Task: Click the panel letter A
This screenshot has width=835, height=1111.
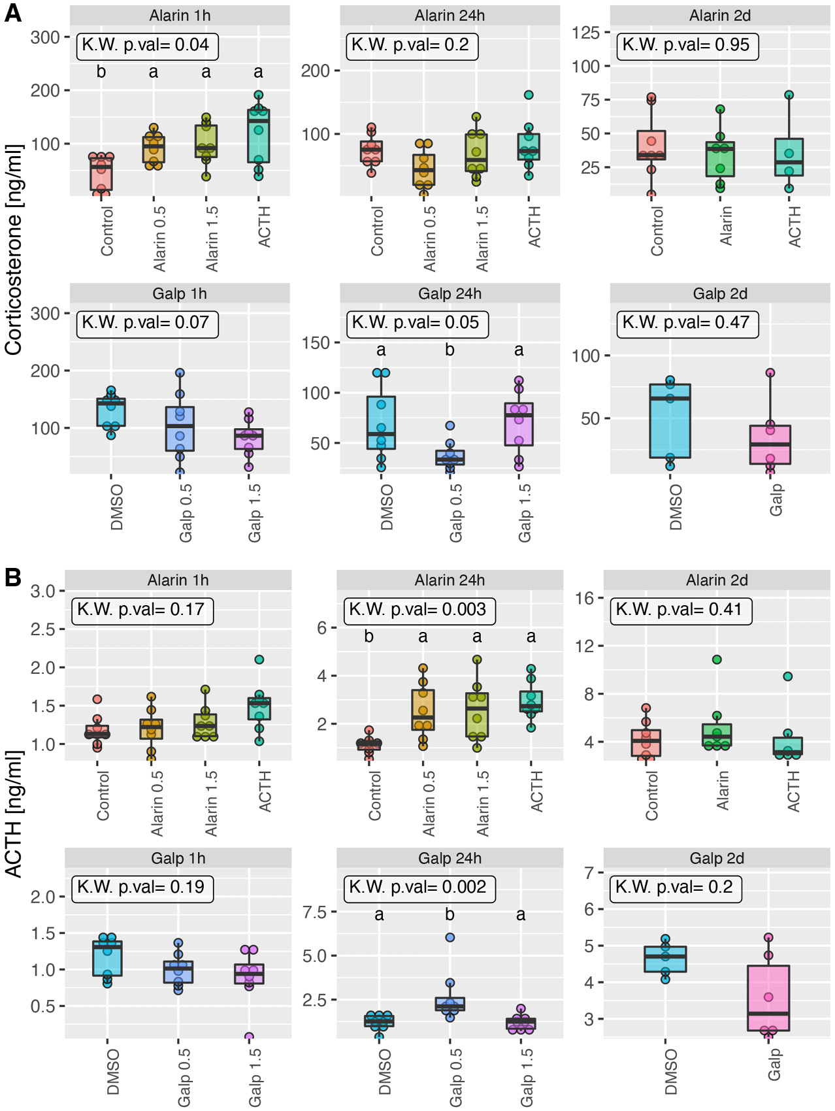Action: tap(12, 12)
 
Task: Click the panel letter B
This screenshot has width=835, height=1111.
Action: tap(12, 577)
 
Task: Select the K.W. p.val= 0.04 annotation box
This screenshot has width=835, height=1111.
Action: tap(147, 45)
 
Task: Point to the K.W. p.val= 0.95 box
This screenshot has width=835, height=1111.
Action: tap(687, 45)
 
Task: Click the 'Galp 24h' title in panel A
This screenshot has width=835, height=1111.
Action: tap(450, 293)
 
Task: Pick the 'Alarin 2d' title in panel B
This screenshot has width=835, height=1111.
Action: tap(716, 580)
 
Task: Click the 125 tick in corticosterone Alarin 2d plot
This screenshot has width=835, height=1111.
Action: tap(587, 33)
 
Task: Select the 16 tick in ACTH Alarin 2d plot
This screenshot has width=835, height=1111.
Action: tap(584, 598)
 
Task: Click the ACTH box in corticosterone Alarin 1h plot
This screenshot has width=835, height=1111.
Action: tap(259, 136)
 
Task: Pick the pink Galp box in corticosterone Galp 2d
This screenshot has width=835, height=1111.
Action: tap(770, 444)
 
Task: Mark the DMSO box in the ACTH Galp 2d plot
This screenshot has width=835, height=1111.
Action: tap(665, 959)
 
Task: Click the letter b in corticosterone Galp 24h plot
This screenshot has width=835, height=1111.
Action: tap(450, 350)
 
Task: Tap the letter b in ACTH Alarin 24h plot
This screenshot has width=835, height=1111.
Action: tap(369, 636)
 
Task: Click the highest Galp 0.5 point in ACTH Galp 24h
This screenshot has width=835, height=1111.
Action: tap(450, 937)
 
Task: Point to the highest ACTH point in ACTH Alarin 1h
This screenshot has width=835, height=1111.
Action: tap(259, 659)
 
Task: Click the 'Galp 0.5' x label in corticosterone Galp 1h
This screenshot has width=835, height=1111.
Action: tap(186, 512)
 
